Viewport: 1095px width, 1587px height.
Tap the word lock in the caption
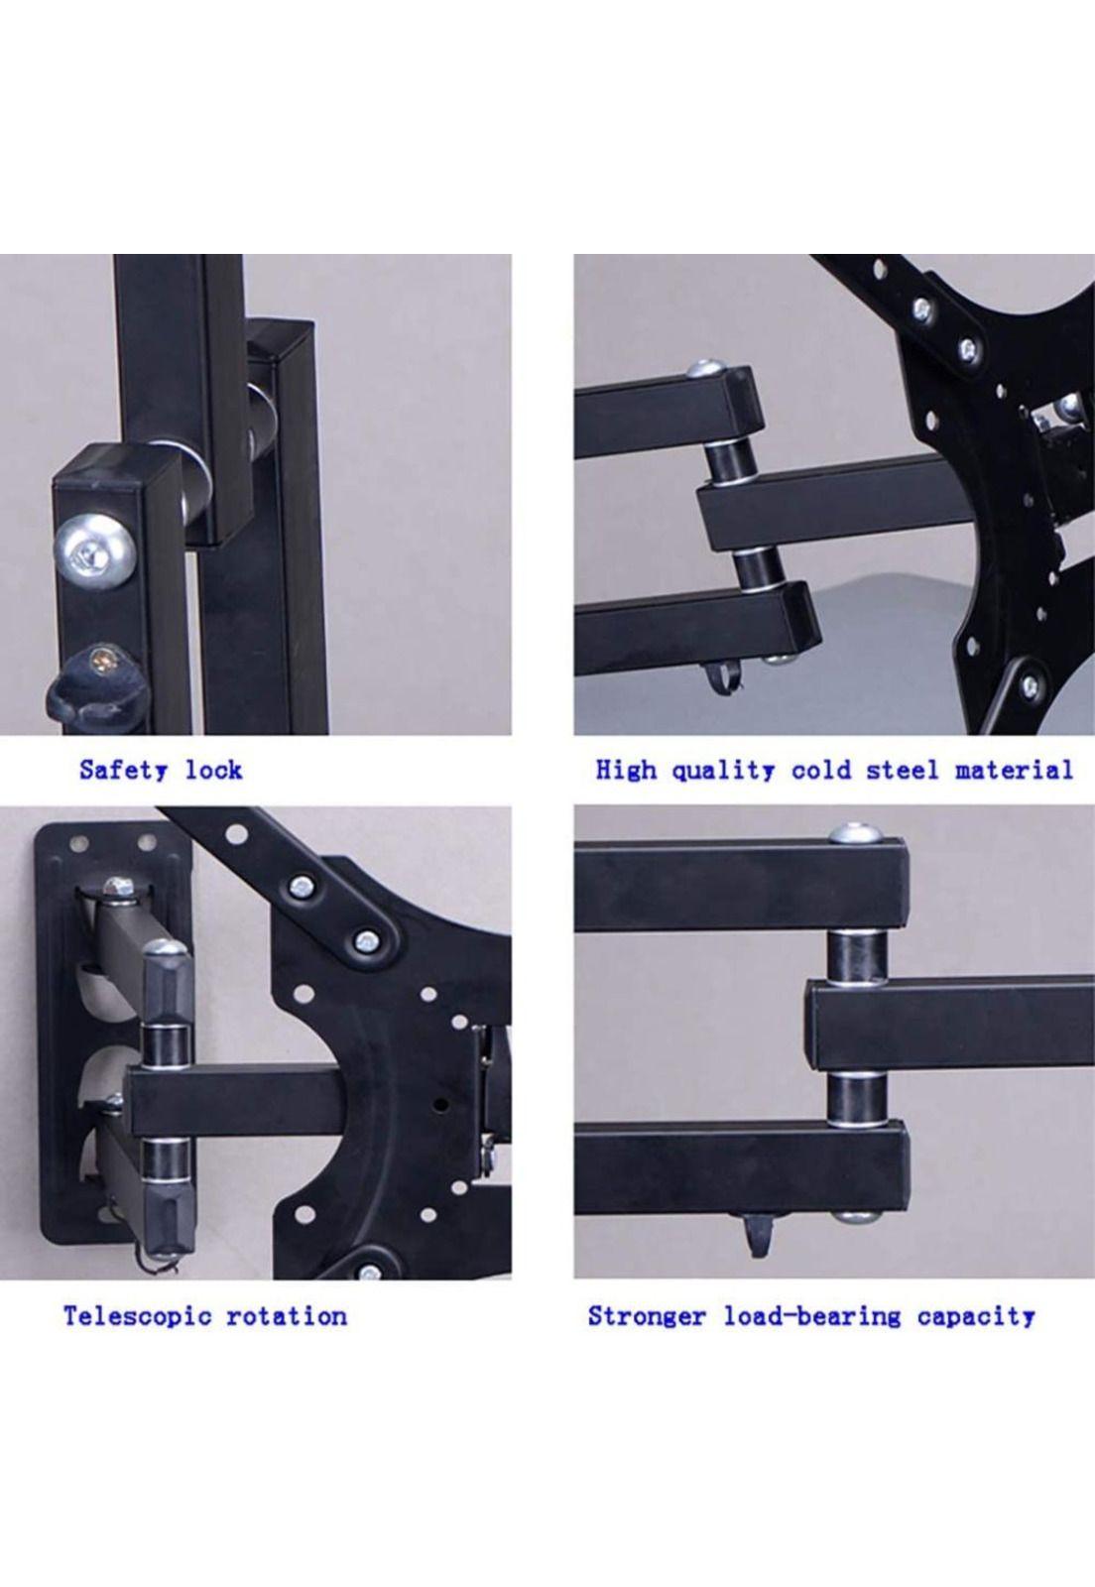point(214,770)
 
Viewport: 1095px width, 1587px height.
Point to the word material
point(1014,770)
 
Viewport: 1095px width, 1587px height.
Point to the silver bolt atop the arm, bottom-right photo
point(856,833)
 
